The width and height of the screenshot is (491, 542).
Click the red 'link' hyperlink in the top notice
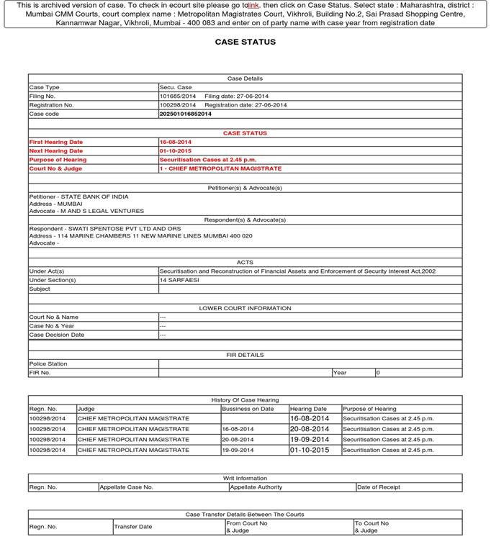253,5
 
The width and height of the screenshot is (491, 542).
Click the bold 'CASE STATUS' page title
245,42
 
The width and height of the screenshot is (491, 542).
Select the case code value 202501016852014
186,114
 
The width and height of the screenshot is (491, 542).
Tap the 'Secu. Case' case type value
176,87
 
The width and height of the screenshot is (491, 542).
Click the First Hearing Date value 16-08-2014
176,142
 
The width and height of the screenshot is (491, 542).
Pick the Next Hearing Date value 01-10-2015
176,150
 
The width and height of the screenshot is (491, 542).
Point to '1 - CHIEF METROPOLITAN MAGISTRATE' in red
220,168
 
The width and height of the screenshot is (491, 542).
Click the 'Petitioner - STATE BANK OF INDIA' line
78,197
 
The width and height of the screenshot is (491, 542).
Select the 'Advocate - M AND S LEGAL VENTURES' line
86,211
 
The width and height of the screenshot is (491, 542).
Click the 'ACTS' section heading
245,262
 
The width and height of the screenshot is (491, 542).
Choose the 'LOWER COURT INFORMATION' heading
245,308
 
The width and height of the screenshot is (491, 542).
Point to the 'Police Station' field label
48,363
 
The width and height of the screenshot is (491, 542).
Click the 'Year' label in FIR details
340,373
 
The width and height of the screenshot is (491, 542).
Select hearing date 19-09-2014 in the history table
309,439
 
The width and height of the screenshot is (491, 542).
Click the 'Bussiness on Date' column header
248,409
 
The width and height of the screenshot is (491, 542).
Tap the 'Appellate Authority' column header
256,487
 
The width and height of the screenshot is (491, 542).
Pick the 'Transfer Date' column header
133,527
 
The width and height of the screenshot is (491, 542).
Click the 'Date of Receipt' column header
379,487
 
